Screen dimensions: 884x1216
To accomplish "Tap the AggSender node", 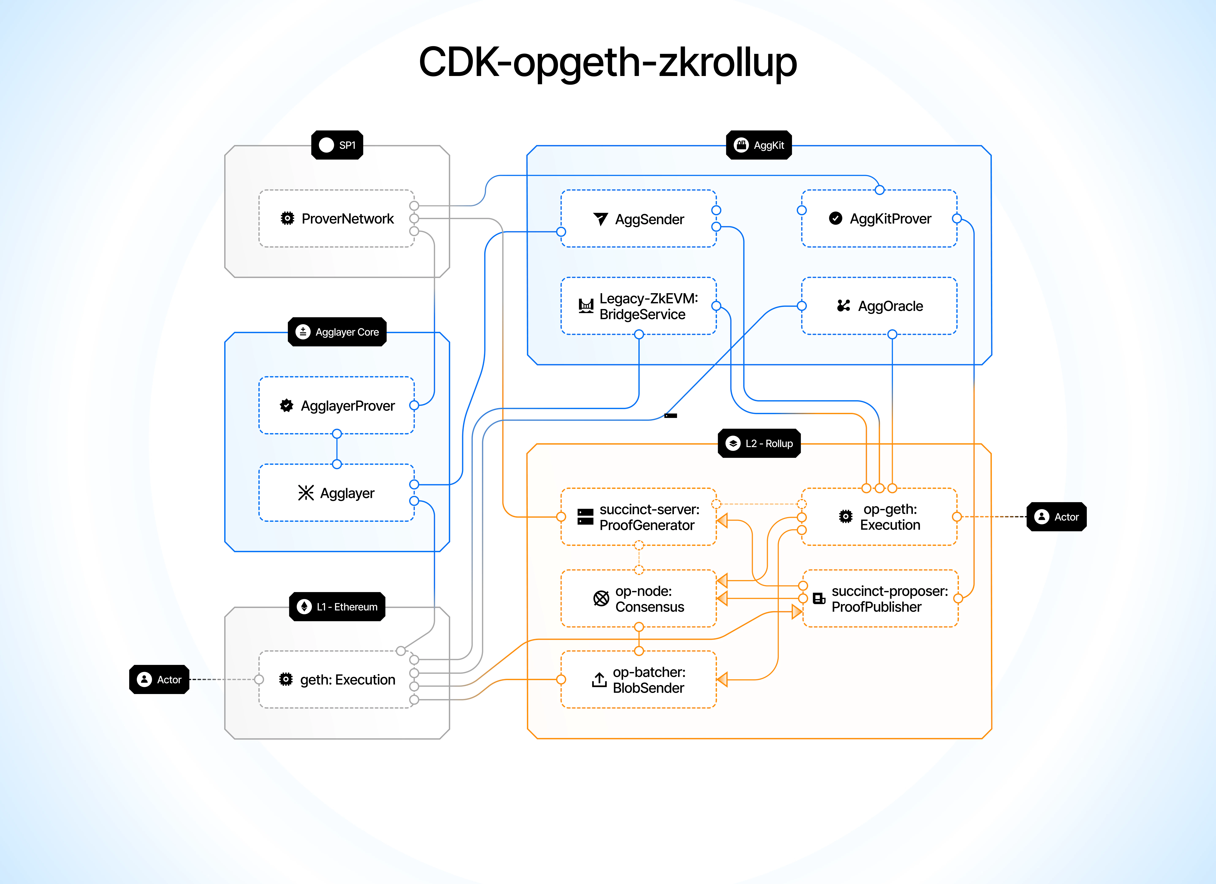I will coord(638,219).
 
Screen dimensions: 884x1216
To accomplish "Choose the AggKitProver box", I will coord(879,219).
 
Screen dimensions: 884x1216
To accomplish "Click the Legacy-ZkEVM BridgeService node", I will coord(638,306).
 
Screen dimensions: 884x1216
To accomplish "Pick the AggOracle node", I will coord(879,306).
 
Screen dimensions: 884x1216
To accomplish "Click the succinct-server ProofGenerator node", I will coord(638,517).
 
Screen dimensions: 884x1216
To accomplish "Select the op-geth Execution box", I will coord(879,517).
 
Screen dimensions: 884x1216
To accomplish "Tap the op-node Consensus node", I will coord(638,599).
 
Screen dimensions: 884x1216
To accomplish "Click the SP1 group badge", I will coord(337,145).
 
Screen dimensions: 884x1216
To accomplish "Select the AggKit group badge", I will coord(759,145).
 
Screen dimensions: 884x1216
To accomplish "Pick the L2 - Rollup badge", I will coord(759,443).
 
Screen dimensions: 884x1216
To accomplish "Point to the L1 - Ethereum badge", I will coord(337,607).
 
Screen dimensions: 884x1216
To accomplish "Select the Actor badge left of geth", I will coord(159,680).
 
